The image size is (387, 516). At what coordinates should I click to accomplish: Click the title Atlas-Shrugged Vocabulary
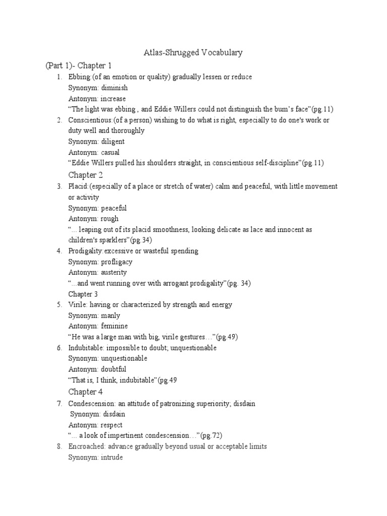[x=193, y=52]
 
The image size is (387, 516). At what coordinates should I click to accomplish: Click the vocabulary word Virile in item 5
[x=77, y=305]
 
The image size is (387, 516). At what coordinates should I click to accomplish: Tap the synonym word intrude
[x=112, y=457]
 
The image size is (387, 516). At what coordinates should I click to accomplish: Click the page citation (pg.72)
[x=212, y=435]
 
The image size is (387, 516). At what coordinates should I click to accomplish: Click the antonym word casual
[x=111, y=153]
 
